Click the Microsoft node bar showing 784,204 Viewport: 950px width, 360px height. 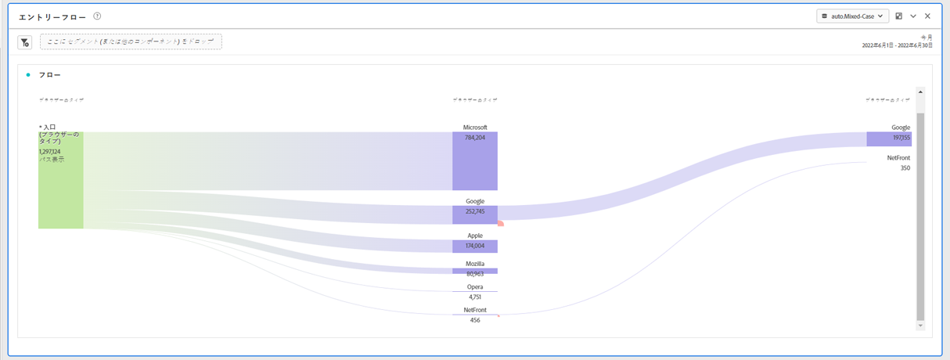474,161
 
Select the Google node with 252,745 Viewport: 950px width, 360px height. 474,214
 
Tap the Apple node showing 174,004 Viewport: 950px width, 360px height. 474,246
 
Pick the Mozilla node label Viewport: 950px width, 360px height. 474,264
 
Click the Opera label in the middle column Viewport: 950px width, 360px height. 474,286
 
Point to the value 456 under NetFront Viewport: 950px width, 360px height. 474,320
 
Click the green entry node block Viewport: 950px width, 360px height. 61,180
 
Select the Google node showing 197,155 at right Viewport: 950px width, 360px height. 888,139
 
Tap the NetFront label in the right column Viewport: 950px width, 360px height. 898,157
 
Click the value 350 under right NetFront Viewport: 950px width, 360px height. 905,167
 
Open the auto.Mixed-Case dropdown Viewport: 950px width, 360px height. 852,16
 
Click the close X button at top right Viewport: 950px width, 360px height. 927,16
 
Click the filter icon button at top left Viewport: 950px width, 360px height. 24,42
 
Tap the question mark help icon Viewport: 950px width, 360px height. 96,16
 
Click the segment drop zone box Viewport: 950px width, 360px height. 131,42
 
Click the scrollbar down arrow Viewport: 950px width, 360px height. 919,325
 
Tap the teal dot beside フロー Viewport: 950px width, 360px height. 28,75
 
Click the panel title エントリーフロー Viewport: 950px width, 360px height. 52,16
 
